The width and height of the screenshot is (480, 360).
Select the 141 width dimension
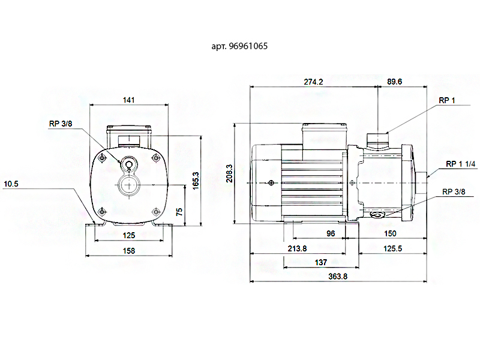click(128, 100)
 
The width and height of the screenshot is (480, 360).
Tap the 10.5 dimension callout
click(11, 184)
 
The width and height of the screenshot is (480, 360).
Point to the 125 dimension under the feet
click(129, 235)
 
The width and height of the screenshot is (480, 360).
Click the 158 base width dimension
click(129, 251)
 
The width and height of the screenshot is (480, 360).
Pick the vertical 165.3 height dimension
click(196, 181)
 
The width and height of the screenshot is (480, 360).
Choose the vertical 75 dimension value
click(179, 212)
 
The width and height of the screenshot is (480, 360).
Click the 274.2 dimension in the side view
click(313, 82)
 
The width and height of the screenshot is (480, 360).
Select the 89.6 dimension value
click(394, 82)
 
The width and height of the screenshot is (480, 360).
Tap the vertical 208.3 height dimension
click(229, 173)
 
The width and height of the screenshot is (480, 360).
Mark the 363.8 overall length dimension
click(338, 276)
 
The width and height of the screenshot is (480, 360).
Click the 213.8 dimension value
click(297, 248)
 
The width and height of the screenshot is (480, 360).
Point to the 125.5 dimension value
click(392, 248)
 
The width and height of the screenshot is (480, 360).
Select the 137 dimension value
click(321, 262)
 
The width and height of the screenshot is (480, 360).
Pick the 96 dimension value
click(331, 233)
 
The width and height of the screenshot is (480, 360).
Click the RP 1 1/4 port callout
click(460, 164)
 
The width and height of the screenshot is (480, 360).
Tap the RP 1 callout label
click(447, 100)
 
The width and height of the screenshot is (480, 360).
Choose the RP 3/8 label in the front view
click(61, 124)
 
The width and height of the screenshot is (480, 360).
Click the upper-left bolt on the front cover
click(102, 158)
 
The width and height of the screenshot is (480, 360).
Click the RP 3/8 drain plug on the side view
click(377, 215)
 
